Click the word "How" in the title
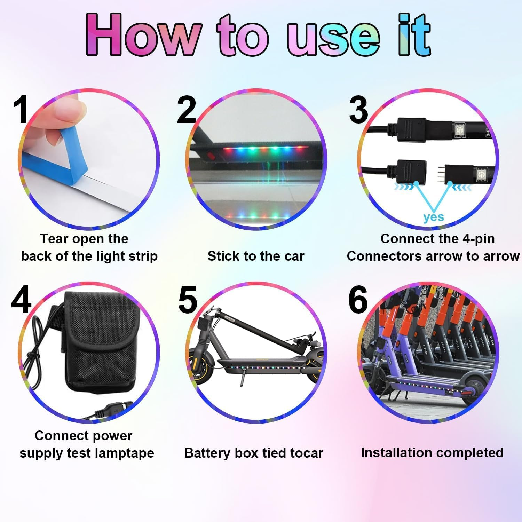tap(143, 35)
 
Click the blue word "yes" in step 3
tap(434, 217)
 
